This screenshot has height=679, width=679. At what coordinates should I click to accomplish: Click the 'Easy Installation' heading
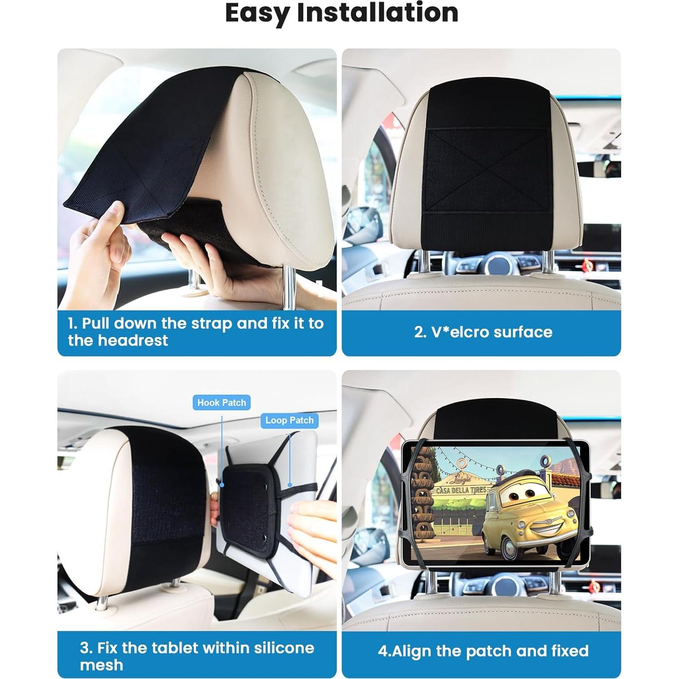[341, 13]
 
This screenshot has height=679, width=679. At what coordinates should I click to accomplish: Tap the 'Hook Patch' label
[221, 402]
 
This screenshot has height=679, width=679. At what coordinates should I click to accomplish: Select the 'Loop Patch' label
[289, 420]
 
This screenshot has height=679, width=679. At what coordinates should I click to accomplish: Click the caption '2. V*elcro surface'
[483, 332]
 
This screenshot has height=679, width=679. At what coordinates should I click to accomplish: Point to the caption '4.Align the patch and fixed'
[483, 651]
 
